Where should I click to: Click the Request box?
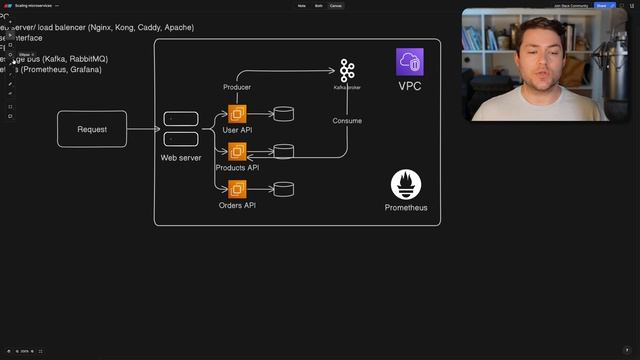pyautogui.click(x=92, y=129)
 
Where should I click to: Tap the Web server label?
pyautogui.click(x=181, y=158)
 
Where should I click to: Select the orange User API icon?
pyautogui.click(x=237, y=114)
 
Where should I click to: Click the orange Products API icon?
pyautogui.click(x=237, y=151)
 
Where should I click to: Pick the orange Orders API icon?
pyautogui.click(x=237, y=188)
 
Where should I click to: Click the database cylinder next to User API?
pyautogui.click(x=284, y=114)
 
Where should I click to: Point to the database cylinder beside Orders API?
pyautogui.click(x=284, y=188)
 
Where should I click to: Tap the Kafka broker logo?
pyautogui.click(x=347, y=70)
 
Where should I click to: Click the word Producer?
pyautogui.click(x=237, y=88)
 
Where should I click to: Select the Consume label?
pyautogui.click(x=347, y=121)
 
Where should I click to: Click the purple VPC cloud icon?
pyautogui.click(x=409, y=62)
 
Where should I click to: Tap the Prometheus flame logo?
pyautogui.click(x=406, y=185)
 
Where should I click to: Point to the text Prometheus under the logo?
pyautogui.click(x=406, y=208)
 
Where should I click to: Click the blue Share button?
pyautogui.click(x=601, y=5)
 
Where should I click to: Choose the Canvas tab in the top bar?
pyautogui.click(x=336, y=5)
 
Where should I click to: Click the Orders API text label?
pyautogui.click(x=237, y=205)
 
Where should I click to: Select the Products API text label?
pyautogui.click(x=237, y=168)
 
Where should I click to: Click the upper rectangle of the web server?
pyautogui.click(x=181, y=119)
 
